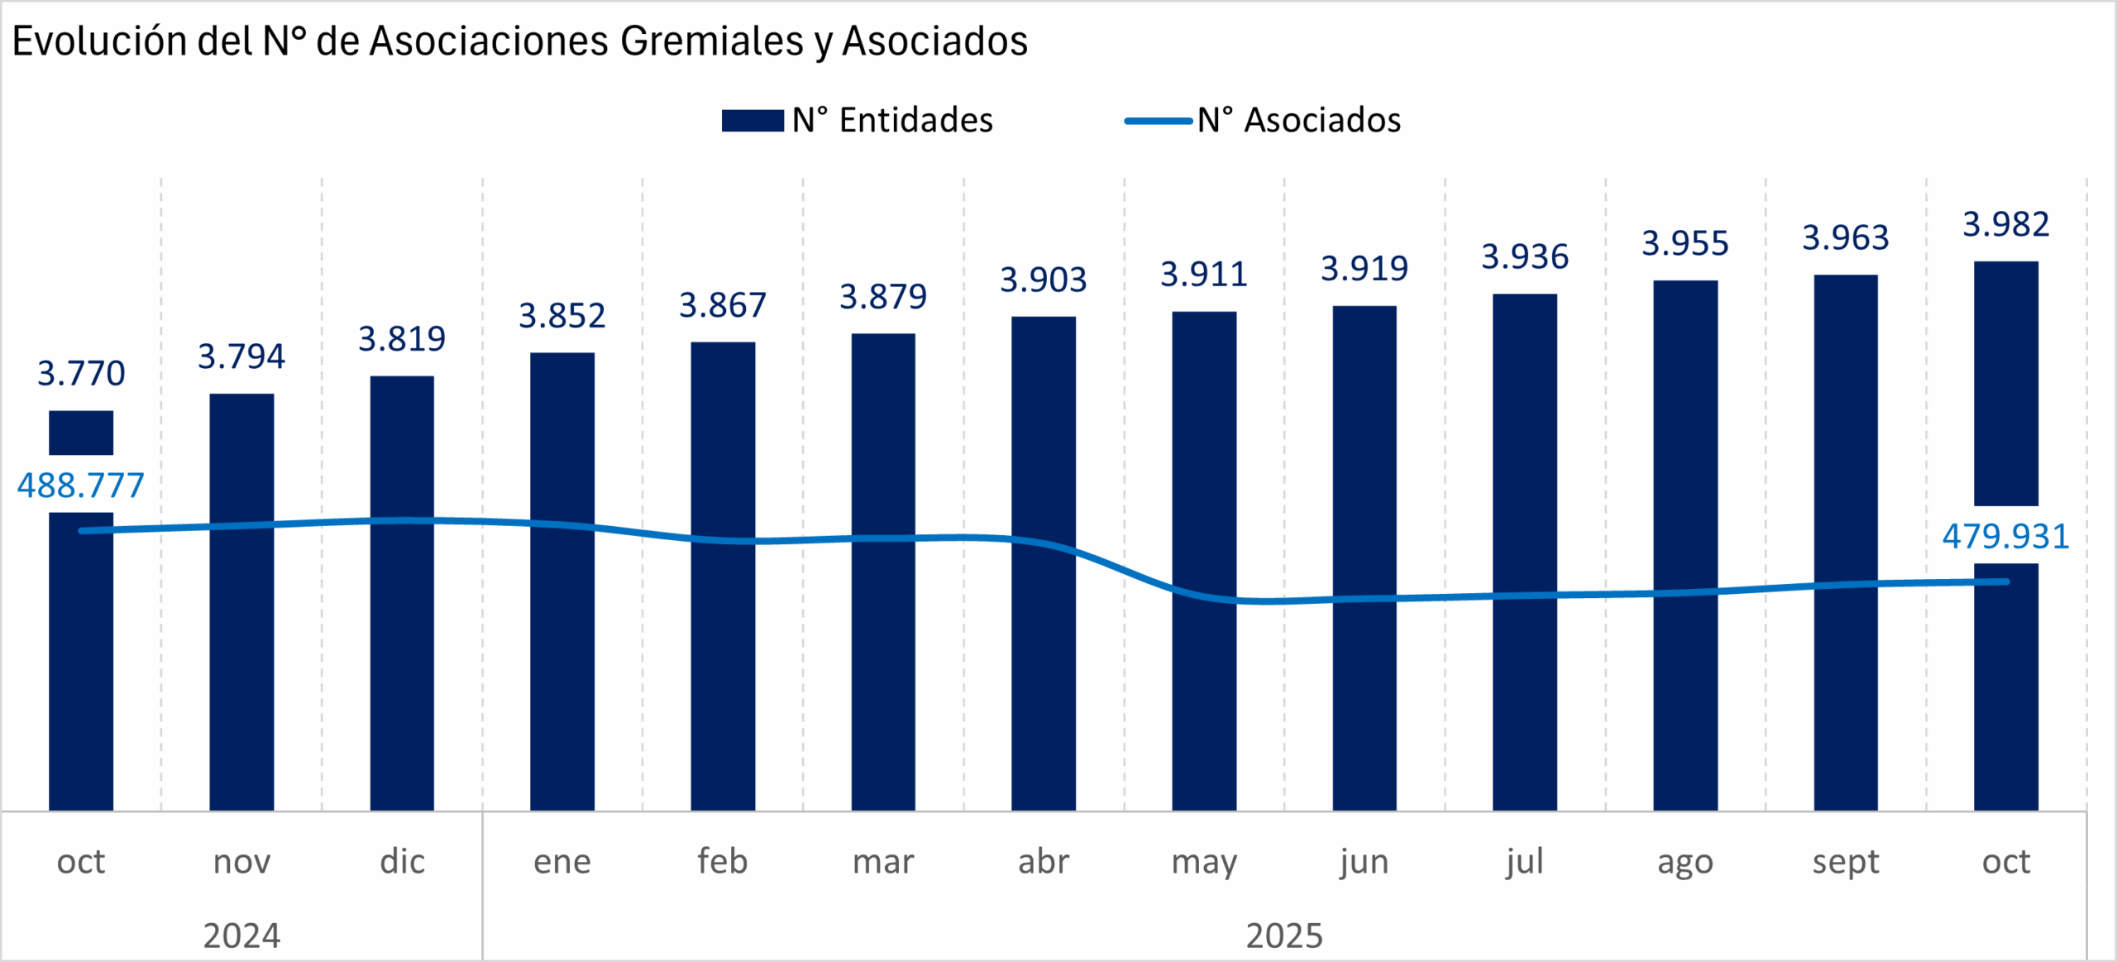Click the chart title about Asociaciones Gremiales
(x=519, y=41)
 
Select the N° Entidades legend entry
(x=857, y=121)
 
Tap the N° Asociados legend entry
(x=1263, y=121)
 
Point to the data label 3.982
(x=2006, y=224)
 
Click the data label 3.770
(x=81, y=374)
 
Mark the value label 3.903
(x=1044, y=280)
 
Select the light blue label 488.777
(x=81, y=486)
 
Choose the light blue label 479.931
(x=2006, y=537)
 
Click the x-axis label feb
(x=723, y=862)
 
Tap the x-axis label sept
(x=1846, y=862)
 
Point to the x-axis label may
(x=1204, y=862)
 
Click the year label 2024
(x=241, y=936)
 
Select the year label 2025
(x=1284, y=936)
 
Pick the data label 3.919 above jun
(x=1364, y=269)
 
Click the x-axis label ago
(x=1685, y=862)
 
